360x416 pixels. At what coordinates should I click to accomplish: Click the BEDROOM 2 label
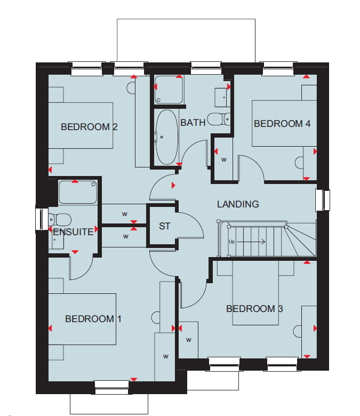point(89,127)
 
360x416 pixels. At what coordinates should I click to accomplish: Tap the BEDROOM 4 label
point(282,124)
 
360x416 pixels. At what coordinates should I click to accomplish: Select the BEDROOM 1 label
point(93,318)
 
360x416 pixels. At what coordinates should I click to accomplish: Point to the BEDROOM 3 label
point(254,309)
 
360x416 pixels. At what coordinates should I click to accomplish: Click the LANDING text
point(238,204)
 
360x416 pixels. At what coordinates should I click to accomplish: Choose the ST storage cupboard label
point(164,226)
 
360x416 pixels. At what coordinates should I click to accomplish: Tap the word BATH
point(193,123)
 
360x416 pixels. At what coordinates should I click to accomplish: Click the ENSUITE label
point(73,232)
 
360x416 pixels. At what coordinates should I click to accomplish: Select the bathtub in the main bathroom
point(166,137)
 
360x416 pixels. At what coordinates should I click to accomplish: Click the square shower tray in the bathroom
point(169,90)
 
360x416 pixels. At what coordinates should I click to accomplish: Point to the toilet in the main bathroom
point(219,119)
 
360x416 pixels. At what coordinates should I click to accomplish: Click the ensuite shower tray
point(77,192)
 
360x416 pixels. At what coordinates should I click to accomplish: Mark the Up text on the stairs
point(231,242)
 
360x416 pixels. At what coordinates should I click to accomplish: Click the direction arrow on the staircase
point(251,242)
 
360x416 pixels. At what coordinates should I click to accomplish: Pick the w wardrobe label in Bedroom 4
point(224,159)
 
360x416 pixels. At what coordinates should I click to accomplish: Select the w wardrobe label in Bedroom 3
point(189,340)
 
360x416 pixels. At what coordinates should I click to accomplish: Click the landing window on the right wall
point(323,201)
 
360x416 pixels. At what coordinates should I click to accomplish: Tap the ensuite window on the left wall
point(42,219)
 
